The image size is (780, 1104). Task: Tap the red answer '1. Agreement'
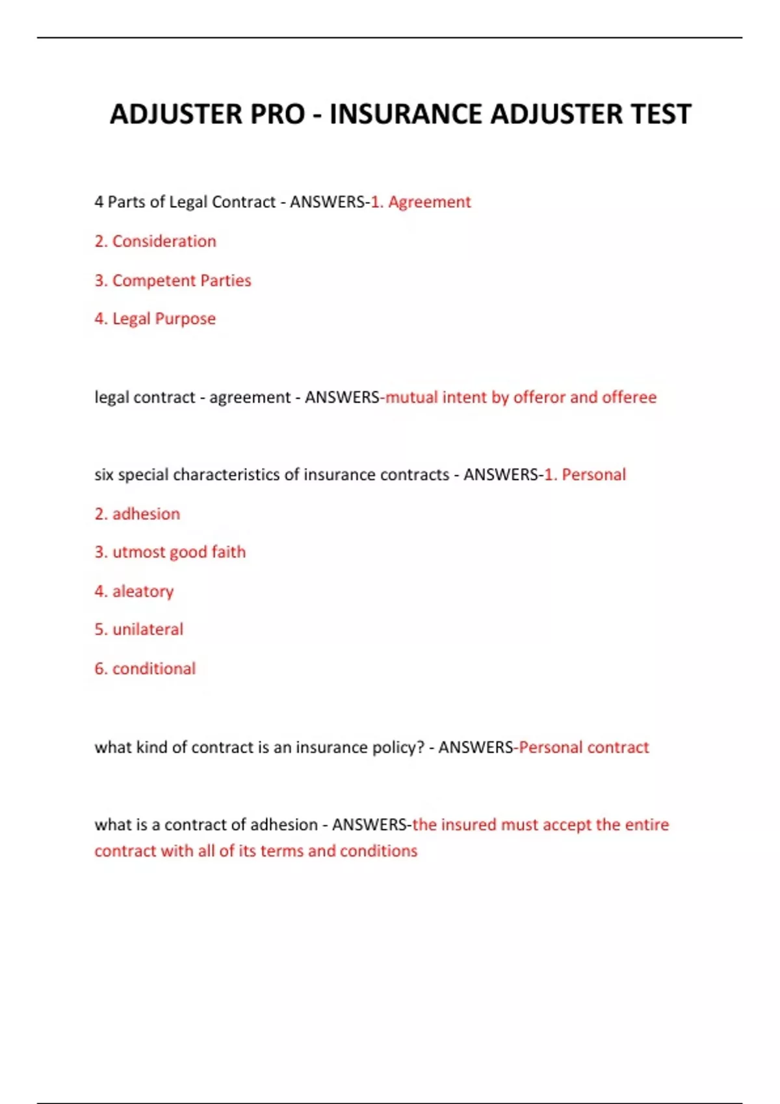coord(421,202)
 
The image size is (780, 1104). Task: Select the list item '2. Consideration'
coord(155,241)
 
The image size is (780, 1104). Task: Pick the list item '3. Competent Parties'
coord(173,281)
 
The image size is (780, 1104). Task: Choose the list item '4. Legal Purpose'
coord(155,319)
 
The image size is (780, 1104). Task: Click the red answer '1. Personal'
coord(585,475)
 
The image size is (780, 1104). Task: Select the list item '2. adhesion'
coord(137,514)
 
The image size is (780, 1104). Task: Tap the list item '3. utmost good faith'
coord(170,552)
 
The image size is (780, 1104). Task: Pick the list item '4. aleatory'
coord(135,591)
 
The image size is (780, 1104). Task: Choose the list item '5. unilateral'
coord(139,629)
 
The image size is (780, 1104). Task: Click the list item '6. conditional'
coord(145,668)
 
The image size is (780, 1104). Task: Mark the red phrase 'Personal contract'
coord(584,747)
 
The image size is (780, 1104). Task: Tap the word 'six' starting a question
coord(104,475)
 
